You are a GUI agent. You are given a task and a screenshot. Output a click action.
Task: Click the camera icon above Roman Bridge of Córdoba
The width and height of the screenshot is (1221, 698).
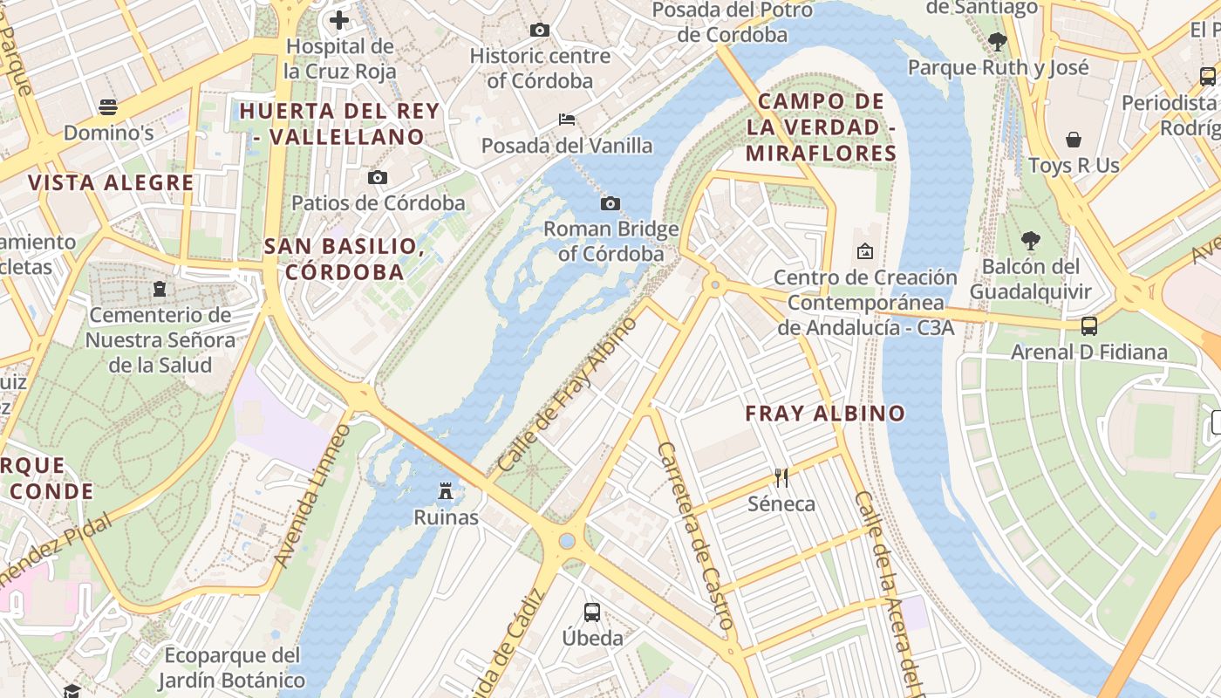[610, 204]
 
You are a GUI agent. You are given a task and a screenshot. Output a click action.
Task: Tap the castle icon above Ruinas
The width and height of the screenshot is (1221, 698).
[446, 491]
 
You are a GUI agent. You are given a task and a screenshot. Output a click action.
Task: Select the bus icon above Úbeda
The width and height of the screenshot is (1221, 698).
[592, 612]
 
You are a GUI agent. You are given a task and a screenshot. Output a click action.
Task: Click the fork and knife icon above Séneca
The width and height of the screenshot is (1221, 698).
[781, 477]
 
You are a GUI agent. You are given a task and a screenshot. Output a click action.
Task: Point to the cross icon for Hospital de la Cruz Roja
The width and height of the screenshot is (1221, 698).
[339, 19]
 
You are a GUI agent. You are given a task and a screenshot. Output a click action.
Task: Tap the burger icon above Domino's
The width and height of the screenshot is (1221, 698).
[108, 107]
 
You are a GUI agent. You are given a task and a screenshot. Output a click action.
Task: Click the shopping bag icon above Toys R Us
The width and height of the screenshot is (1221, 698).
[1074, 140]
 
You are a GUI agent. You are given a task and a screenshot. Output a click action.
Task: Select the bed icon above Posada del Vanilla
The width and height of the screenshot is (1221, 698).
[567, 120]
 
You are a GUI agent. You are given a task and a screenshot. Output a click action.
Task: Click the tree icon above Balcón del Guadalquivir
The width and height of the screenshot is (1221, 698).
[1031, 240]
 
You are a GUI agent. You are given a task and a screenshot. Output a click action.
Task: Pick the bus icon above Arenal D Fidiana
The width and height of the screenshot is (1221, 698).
[1089, 326]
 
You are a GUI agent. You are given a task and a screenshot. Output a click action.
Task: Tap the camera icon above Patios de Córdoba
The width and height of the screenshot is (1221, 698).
[378, 178]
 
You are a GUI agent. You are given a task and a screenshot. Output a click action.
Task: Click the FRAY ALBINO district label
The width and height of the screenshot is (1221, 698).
[825, 414]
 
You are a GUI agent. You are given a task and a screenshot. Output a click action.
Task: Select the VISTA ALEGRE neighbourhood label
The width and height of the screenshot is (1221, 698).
[111, 183]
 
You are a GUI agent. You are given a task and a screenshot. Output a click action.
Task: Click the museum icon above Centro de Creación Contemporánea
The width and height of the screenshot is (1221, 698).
[864, 251]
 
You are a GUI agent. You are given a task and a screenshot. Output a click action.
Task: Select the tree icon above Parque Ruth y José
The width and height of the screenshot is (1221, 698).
[998, 41]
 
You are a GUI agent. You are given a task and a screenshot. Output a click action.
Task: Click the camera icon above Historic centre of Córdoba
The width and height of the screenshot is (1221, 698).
[540, 31]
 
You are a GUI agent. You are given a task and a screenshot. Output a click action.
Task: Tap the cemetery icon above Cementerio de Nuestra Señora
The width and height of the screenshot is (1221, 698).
[160, 288]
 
